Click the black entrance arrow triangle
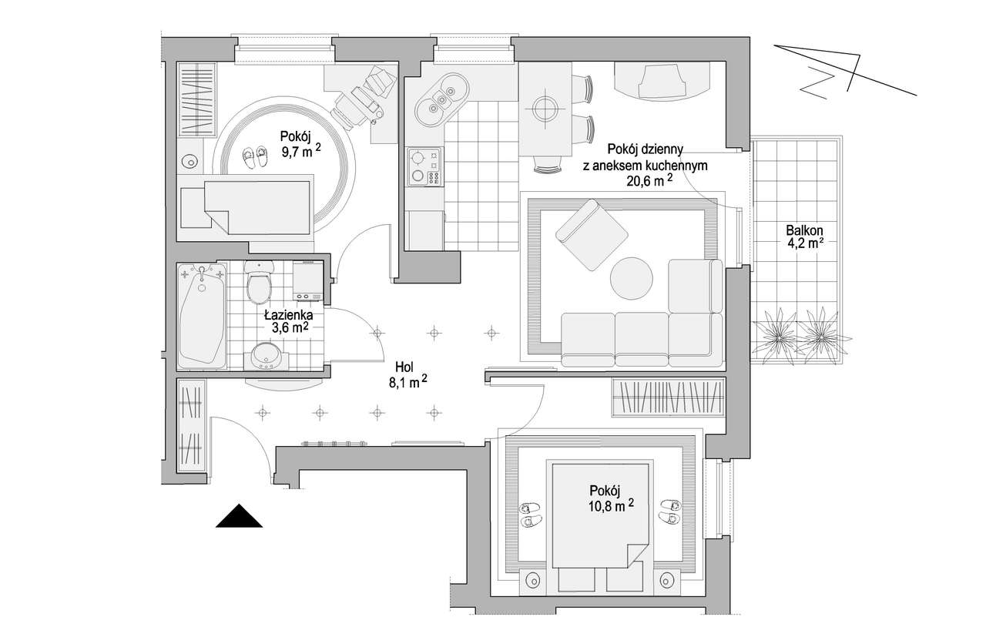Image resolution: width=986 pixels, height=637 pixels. [x=239, y=516]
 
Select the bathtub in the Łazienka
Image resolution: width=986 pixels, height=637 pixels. [x=202, y=315]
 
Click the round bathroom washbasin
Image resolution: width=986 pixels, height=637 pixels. [x=266, y=356]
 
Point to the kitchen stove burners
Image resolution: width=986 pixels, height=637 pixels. [x=424, y=167]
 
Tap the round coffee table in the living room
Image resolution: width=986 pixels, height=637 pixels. [x=631, y=279]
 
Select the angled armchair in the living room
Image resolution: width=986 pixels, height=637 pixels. [x=592, y=235]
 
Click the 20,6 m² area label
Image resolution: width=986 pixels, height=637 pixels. [x=649, y=180]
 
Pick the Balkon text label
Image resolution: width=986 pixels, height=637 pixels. [x=805, y=230]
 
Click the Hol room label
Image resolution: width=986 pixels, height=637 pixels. [x=404, y=367]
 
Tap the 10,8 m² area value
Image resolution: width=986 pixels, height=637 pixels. [x=611, y=506]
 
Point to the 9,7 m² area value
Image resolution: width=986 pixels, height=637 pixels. [x=301, y=152]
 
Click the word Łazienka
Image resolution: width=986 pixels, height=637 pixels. [x=289, y=315]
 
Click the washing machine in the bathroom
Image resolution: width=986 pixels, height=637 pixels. [x=308, y=280]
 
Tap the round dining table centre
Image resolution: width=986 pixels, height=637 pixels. [x=545, y=109]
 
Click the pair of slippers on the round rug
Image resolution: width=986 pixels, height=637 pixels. [x=255, y=157]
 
